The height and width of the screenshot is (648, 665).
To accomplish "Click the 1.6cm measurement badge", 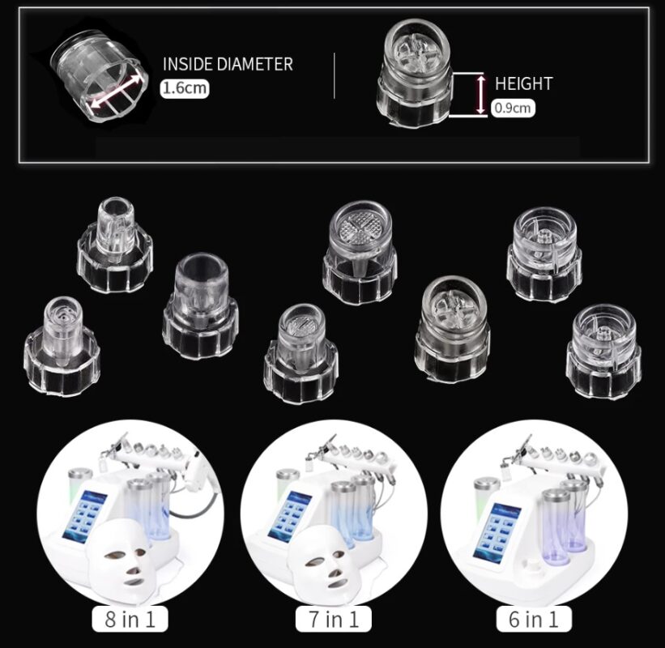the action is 185,88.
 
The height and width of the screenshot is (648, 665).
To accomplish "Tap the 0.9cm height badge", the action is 514,108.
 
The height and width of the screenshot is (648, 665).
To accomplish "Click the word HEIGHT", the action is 524,83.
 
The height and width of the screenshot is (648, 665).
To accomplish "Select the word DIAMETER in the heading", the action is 254,64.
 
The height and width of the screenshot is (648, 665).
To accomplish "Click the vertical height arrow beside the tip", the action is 480,94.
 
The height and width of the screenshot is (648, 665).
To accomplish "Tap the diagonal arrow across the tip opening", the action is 115,91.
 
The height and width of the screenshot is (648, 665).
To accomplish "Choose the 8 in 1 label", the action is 130,619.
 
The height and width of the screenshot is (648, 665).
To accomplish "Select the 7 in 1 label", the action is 334,619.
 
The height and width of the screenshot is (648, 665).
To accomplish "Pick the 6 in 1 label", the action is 534,619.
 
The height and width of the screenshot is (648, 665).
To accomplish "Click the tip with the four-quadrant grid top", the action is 360,253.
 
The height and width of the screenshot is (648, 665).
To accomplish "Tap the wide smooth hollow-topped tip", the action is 200,307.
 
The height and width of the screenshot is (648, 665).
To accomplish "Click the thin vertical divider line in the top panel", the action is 335,75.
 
